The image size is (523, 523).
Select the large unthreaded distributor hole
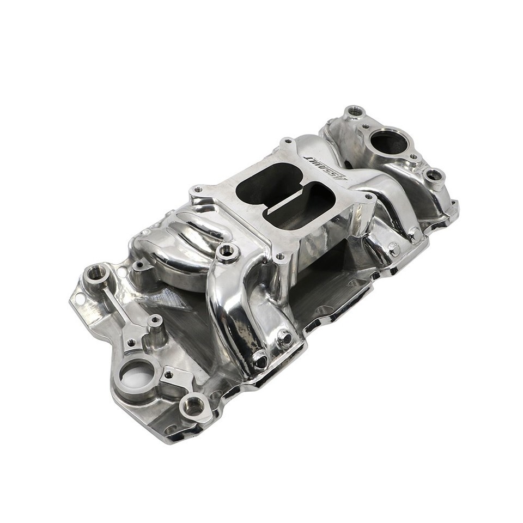tap(135, 375)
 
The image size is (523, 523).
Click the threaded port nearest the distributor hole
tap(194, 405)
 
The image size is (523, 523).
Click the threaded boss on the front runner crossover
tap(227, 252)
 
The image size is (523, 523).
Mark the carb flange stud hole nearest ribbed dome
tap(197, 190)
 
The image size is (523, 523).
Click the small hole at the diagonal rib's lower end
tap(131, 343)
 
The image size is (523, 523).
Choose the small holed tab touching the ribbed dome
tap(140, 265)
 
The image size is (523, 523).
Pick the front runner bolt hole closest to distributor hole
tap(260, 360)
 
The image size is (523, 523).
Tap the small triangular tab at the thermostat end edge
tap(452, 206)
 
